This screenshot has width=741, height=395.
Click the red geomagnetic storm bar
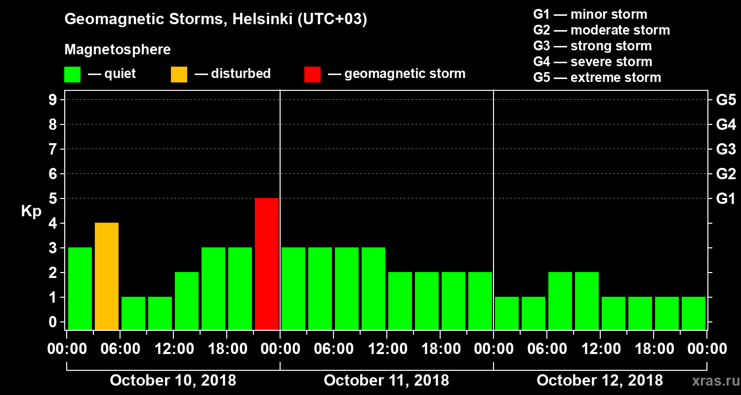(x=267, y=264)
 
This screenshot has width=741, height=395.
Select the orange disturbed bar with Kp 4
(x=107, y=276)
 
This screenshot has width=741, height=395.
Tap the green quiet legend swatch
(x=72, y=74)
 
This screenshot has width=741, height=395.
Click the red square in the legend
(x=312, y=74)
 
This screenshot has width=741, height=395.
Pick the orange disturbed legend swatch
(x=179, y=74)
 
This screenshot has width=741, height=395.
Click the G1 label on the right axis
(x=726, y=199)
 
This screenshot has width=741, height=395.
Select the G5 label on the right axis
(x=726, y=100)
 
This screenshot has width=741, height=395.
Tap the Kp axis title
(x=31, y=212)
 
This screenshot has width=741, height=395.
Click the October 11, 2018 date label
(x=386, y=381)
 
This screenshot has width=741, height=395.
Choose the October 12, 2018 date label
(x=600, y=381)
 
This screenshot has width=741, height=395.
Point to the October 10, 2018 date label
(x=173, y=381)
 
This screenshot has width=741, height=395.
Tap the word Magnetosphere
(x=118, y=50)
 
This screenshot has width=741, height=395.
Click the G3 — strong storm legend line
(x=592, y=46)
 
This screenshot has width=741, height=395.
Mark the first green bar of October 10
(x=80, y=288)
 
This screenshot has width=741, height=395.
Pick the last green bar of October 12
(x=694, y=313)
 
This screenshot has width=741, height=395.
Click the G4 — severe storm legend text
(x=593, y=62)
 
